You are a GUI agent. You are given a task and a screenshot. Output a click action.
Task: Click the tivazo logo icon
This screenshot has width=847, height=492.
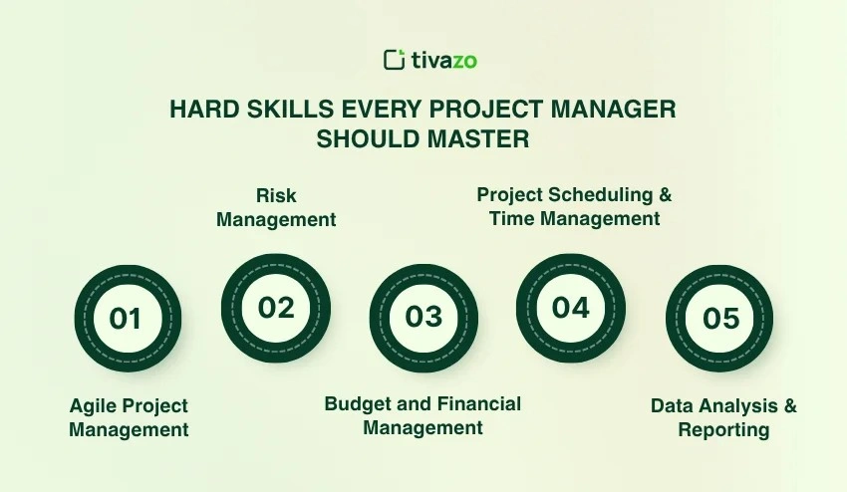pos(394,60)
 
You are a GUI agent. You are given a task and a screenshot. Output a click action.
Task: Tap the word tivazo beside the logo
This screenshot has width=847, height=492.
pos(444,60)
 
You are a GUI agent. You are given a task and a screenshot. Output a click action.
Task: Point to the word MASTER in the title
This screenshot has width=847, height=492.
pos(478,138)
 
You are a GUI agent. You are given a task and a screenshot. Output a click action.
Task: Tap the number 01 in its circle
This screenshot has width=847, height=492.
pos(126,319)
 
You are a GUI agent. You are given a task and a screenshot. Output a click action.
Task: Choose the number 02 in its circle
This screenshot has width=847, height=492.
pos(276,308)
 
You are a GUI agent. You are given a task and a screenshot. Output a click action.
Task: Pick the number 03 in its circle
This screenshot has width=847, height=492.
pos(423,317)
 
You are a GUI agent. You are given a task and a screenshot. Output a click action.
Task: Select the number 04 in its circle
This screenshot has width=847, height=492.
pos(571,308)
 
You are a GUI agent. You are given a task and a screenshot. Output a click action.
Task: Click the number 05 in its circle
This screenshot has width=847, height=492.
pos(720,318)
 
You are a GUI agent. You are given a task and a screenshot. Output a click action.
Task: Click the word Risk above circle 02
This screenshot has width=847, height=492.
pos(276,195)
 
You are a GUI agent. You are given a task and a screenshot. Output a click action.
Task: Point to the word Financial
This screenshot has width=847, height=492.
pos(479,403)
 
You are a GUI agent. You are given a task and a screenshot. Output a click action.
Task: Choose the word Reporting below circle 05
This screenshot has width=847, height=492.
pos(723,430)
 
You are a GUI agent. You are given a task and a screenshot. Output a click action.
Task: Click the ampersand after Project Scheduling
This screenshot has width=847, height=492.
pos(665,194)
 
